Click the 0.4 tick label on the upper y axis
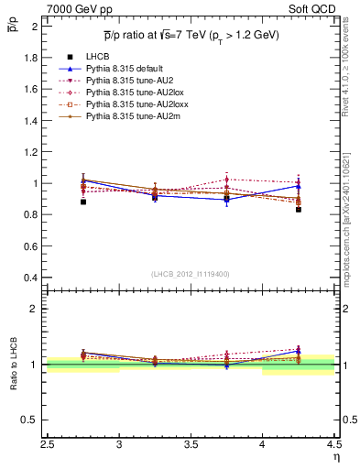coord(31,278)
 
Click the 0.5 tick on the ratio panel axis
coord(31,420)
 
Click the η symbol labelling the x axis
coord(336,455)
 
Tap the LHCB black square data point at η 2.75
coord(83,202)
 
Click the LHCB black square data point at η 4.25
coord(299,210)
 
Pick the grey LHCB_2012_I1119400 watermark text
coord(191,274)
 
